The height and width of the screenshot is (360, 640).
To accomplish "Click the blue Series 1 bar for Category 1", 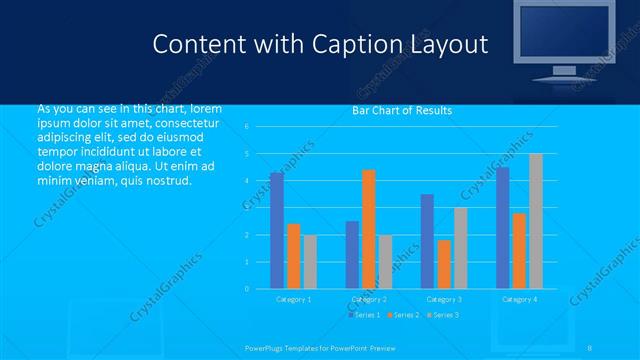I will point(277,231).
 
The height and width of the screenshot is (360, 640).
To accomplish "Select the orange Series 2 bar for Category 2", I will point(369,229).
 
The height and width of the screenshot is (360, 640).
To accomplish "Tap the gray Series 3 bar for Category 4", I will point(536,221).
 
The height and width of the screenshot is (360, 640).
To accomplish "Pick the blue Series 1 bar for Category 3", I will point(427,241).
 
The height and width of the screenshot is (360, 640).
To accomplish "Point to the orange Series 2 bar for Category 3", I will point(444,264).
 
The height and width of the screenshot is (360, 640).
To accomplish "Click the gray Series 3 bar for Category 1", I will point(310,262).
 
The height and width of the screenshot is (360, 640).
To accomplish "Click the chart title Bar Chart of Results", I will point(402,110).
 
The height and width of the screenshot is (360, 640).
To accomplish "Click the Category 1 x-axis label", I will point(294,299).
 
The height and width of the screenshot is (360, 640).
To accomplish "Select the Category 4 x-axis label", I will point(519,299).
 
